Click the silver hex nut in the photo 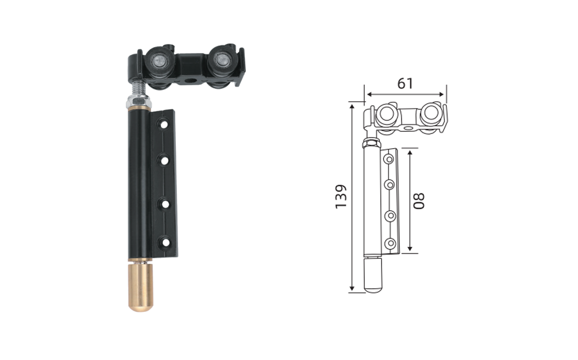tap(138, 101)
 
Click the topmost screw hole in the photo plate tap(163, 125)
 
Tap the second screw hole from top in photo tap(164, 161)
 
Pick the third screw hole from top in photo tap(165, 204)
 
